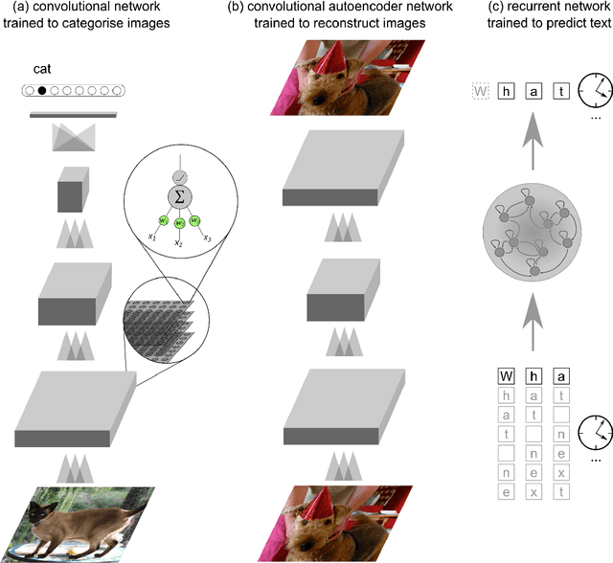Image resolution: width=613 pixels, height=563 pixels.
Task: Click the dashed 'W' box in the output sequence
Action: pyautogui.click(x=481, y=92)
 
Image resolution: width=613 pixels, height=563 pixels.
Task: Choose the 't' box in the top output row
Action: pyautogui.click(x=562, y=92)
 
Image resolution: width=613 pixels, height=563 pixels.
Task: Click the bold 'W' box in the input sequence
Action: pyautogui.click(x=508, y=376)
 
